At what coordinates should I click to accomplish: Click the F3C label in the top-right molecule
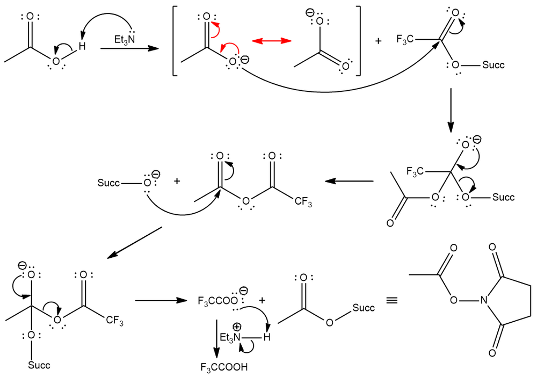405,39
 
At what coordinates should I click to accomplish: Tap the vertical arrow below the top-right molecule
451,110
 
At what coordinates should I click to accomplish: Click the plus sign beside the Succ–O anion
177,182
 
